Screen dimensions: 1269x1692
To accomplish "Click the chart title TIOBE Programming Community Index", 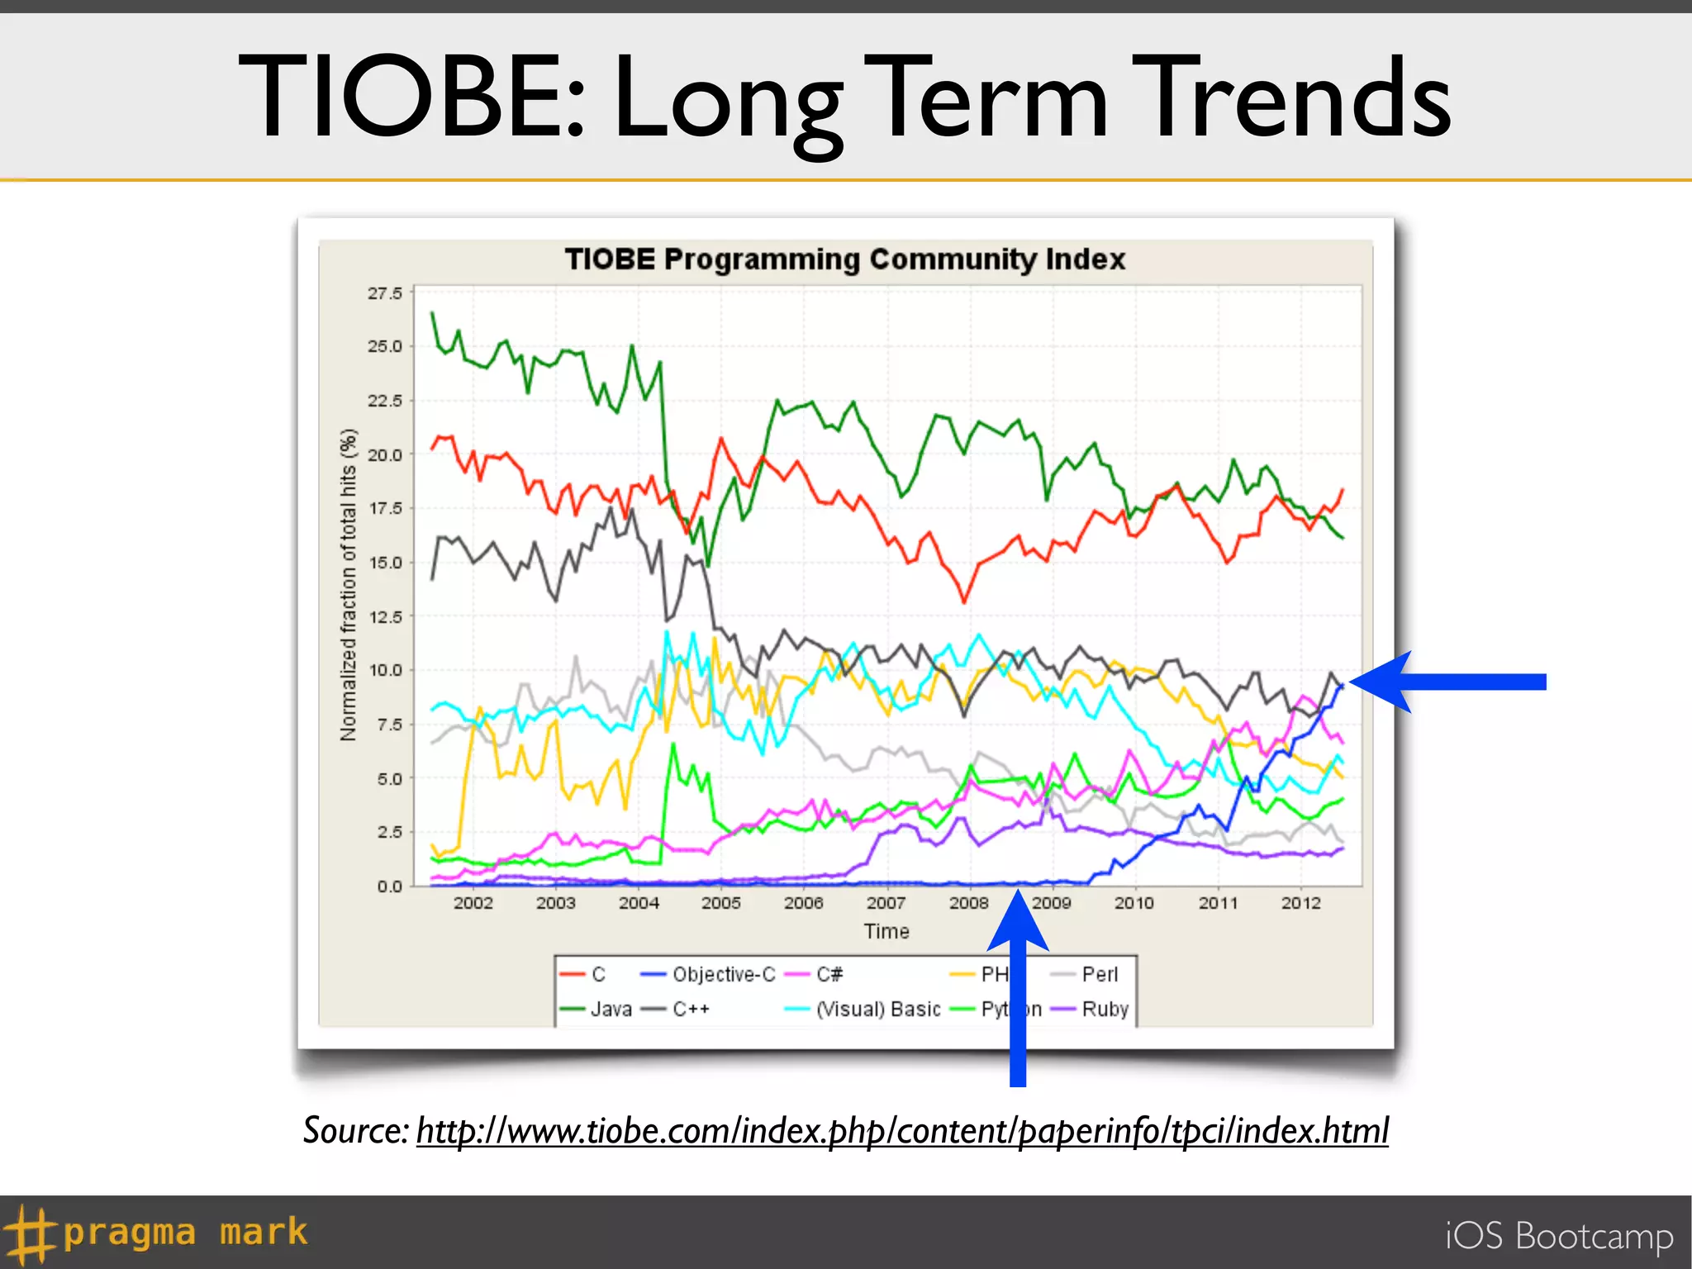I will click(844, 259).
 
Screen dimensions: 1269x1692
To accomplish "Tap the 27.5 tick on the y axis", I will click(384, 294).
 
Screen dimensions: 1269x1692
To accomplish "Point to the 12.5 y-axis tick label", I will click(384, 617).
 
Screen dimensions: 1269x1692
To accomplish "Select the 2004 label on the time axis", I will click(639, 903).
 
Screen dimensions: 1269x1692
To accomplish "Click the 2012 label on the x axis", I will click(1300, 903).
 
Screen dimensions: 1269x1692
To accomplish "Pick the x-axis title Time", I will click(886, 932).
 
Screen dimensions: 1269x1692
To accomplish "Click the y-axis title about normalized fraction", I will click(349, 584).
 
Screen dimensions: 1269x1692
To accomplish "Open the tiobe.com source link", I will click(902, 1130).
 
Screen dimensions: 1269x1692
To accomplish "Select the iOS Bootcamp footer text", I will click(1559, 1236).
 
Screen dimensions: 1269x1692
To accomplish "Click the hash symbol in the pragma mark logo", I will click(28, 1234).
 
